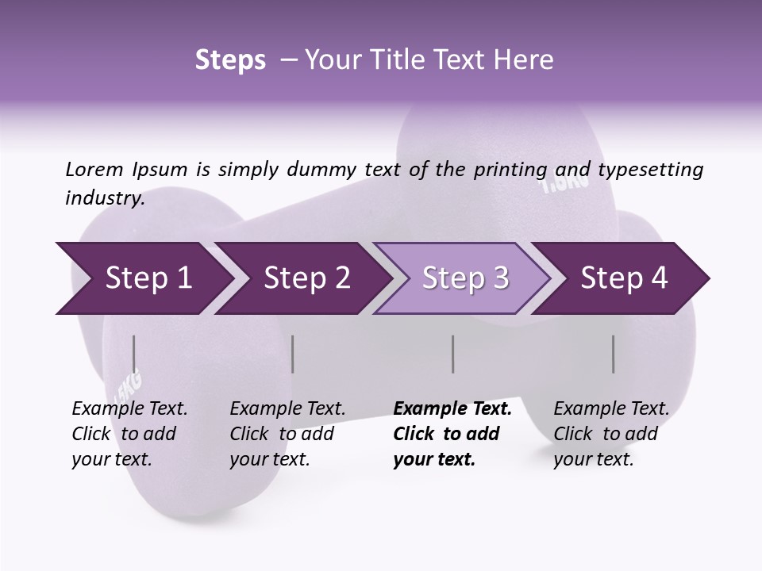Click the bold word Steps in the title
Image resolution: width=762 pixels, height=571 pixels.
coord(230,60)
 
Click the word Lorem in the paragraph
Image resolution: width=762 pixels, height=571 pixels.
coord(94,170)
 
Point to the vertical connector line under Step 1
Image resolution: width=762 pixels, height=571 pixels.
coord(134,354)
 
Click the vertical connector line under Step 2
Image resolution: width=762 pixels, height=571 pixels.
coord(293,354)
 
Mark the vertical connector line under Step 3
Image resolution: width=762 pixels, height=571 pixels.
coord(452,354)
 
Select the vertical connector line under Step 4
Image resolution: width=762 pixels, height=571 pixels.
coord(613,354)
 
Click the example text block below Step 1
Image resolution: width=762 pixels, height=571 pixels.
coord(129,434)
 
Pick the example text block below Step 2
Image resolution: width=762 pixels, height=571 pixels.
coord(287,434)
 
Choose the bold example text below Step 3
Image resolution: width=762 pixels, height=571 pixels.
coord(452,434)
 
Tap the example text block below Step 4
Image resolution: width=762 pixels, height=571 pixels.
coord(611,434)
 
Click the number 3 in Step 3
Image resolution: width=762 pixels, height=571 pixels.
coord(500,278)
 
